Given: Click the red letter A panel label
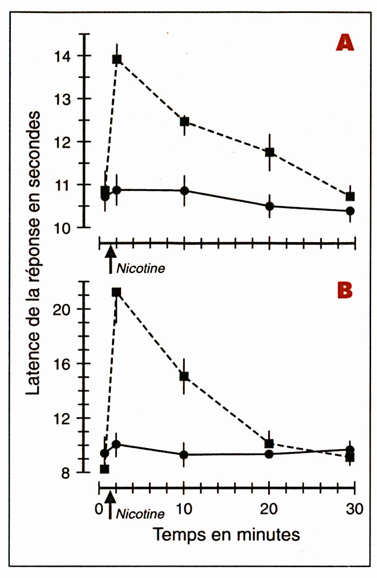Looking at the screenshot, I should (344, 43).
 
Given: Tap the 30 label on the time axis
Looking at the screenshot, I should (354, 508).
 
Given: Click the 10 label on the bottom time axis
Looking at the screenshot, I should (184, 508).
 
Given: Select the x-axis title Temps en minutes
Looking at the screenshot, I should (226, 535).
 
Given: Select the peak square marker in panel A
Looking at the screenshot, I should (117, 59).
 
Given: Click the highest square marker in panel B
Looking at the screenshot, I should (116, 292).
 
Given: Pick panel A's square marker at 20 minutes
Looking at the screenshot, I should (269, 152).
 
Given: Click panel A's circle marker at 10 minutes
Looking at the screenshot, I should (184, 191).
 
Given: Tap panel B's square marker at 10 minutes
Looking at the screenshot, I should (184, 376).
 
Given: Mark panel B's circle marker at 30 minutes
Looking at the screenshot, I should (350, 450).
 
